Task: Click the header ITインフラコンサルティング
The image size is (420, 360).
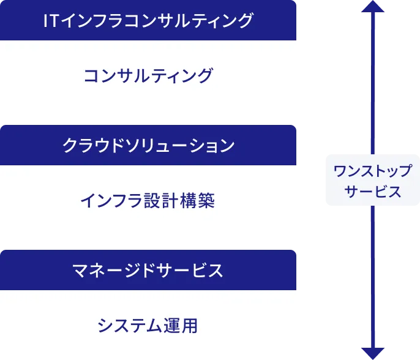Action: pyautogui.click(x=148, y=20)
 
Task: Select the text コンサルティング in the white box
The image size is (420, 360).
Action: pyautogui.click(x=148, y=76)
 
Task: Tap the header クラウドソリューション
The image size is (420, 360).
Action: pyautogui.click(x=148, y=145)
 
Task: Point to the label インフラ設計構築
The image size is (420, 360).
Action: pyautogui.click(x=148, y=201)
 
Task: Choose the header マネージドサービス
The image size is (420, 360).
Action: pyautogui.click(x=148, y=270)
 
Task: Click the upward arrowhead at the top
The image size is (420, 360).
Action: pyautogui.click(x=372, y=7)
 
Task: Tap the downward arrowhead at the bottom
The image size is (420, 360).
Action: pyautogui.click(x=372, y=353)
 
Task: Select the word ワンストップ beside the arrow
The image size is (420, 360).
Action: pyautogui.click(x=372, y=171)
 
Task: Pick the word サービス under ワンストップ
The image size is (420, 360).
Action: pyautogui.click(x=372, y=192)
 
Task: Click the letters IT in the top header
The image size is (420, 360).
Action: pyautogui.click(x=51, y=20)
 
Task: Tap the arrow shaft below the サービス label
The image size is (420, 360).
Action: pyautogui.click(x=372, y=276)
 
